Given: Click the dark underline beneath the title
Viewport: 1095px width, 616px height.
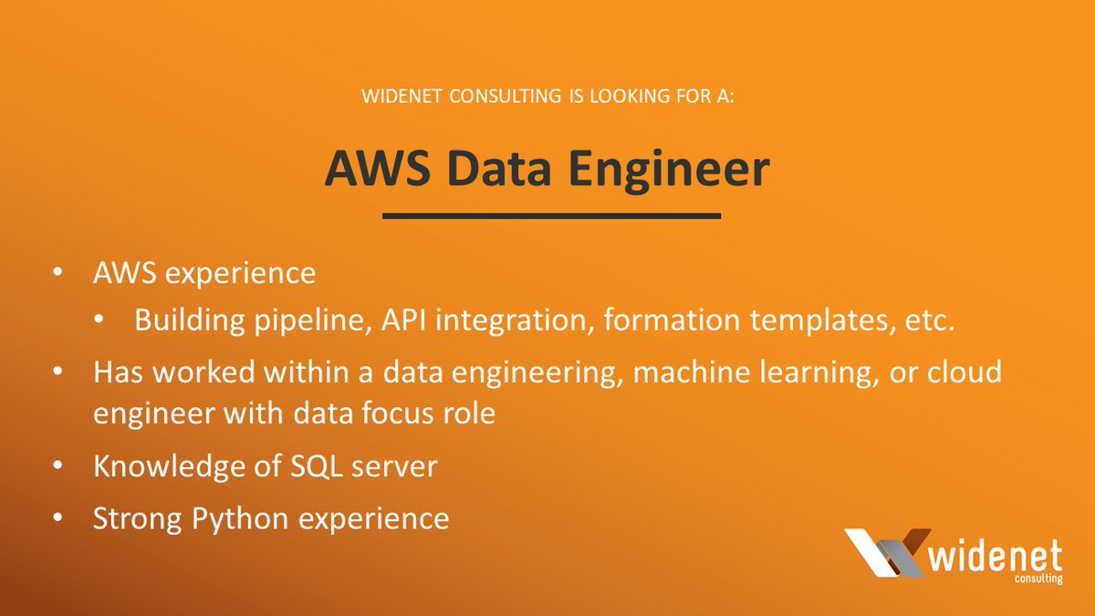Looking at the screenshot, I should [551, 216].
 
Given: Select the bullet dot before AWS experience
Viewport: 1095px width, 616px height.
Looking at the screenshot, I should [59, 273].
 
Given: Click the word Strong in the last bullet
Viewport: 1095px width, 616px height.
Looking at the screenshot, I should [137, 518].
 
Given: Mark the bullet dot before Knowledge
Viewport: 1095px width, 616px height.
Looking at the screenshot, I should [59, 466].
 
